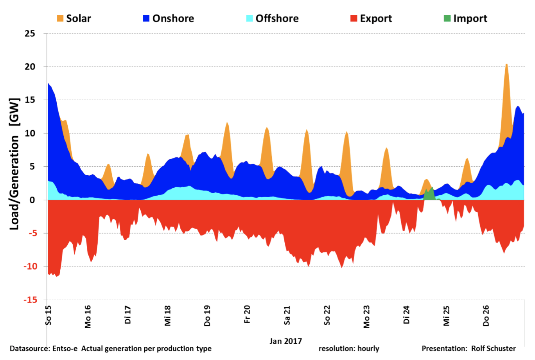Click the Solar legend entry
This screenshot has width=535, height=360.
point(74,18)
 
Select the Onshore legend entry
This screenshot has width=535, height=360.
point(169,18)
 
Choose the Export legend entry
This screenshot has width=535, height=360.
point(371,18)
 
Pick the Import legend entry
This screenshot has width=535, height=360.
point(465,18)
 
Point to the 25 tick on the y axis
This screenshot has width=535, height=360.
point(30,34)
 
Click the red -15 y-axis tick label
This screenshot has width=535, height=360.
point(30,300)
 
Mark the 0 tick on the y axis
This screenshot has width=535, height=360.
point(32,200)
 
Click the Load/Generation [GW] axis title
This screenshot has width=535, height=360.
point(14,164)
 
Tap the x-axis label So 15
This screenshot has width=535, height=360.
point(48,315)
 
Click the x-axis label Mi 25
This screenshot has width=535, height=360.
point(446,315)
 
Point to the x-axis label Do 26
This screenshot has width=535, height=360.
point(486,315)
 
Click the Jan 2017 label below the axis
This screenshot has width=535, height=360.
point(285,341)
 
